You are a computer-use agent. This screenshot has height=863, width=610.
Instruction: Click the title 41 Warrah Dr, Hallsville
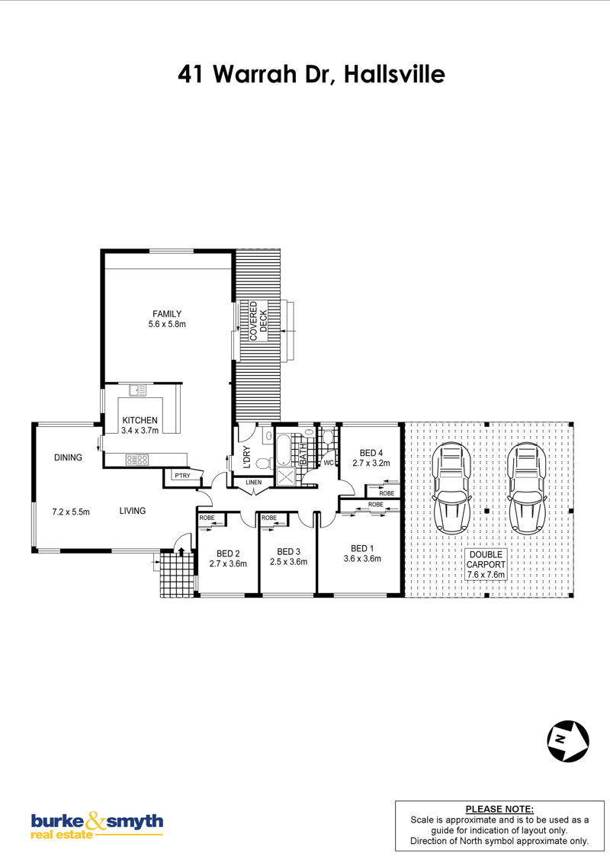(x=311, y=74)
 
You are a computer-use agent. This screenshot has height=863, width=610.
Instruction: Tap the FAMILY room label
(x=167, y=314)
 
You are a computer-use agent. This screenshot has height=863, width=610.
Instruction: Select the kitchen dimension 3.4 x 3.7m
(x=140, y=431)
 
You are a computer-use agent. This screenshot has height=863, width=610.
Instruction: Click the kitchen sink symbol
(x=138, y=390)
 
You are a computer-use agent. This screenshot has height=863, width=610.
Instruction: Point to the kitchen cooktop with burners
(x=137, y=459)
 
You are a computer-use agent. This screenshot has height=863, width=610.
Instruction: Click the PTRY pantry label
(x=182, y=476)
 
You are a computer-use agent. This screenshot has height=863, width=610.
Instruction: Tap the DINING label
(x=69, y=457)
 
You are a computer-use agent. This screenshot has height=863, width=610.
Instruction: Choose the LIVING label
(x=133, y=511)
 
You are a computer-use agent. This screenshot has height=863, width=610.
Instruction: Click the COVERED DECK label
(x=258, y=321)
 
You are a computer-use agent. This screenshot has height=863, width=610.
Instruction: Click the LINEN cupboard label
(x=254, y=483)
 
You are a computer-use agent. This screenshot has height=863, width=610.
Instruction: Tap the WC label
(x=329, y=463)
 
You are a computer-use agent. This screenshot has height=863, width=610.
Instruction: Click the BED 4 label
(x=371, y=453)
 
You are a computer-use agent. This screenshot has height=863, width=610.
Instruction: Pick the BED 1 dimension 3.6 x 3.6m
(x=362, y=559)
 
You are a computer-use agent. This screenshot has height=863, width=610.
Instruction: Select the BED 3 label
(x=288, y=551)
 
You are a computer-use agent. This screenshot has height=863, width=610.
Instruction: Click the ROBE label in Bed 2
(x=207, y=518)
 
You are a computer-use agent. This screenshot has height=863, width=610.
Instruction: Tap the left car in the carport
(x=452, y=488)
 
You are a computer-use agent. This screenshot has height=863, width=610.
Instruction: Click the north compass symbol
(x=567, y=741)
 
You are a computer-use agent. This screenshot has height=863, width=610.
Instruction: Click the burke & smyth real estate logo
(x=97, y=826)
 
